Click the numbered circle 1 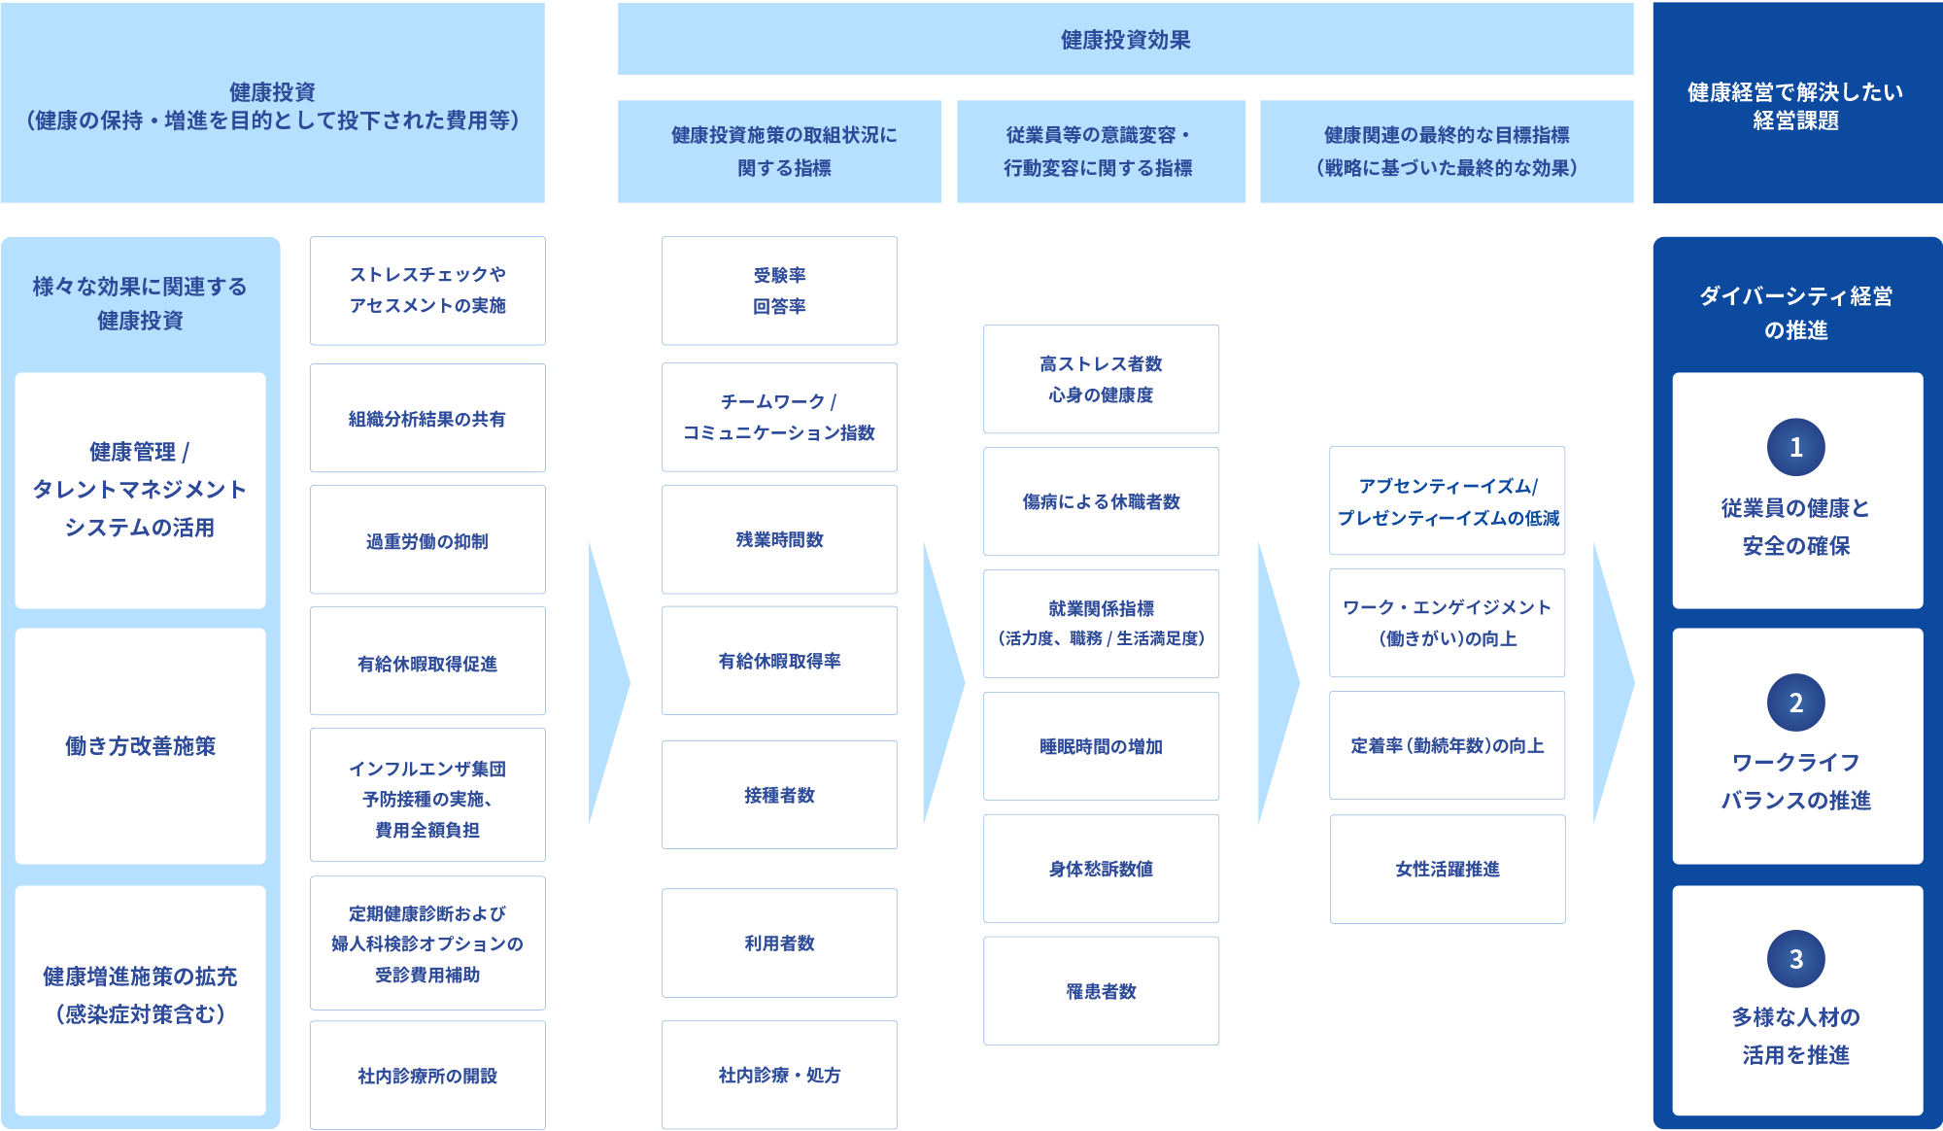click(x=1795, y=447)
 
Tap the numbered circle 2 click(x=1795, y=703)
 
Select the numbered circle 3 click(x=1795, y=959)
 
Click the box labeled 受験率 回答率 click(x=779, y=291)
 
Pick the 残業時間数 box click(x=779, y=539)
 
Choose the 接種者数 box click(x=779, y=795)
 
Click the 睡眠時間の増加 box click(x=1101, y=746)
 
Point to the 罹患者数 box click(x=1101, y=991)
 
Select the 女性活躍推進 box click(x=1448, y=869)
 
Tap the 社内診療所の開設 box click(x=427, y=1075)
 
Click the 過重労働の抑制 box click(x=427, y=539)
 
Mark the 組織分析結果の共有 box click(x=427, y=418)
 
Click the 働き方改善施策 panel click(x=140, y=746)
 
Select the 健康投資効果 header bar click(x=1125, y=39)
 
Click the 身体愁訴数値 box click(x=1101, y=869)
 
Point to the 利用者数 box click(x=779, y=942)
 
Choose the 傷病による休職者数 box click(x=1101, y=501)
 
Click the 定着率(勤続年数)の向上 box click(x=1448, y=745)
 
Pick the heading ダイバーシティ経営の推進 click(x=1795, y=313)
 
